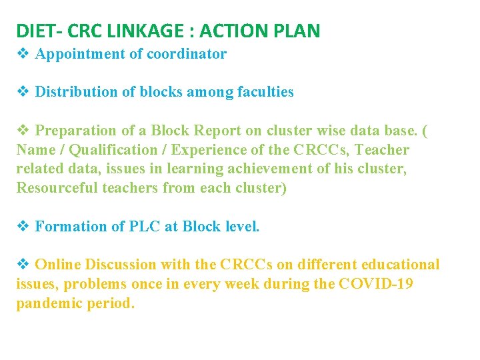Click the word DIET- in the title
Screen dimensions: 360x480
point(39,31)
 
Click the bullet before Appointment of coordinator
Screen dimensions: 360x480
point(22,54)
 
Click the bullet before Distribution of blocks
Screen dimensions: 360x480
point(22,92)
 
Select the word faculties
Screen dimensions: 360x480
point(265,92)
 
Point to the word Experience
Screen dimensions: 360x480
point(216,150)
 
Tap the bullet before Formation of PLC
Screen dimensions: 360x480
point(22,227)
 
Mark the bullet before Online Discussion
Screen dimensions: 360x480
point(22,265)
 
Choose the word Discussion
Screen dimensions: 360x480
point(117,265)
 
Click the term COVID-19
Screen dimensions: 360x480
point(376,284)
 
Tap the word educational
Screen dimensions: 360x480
point(399,265)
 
